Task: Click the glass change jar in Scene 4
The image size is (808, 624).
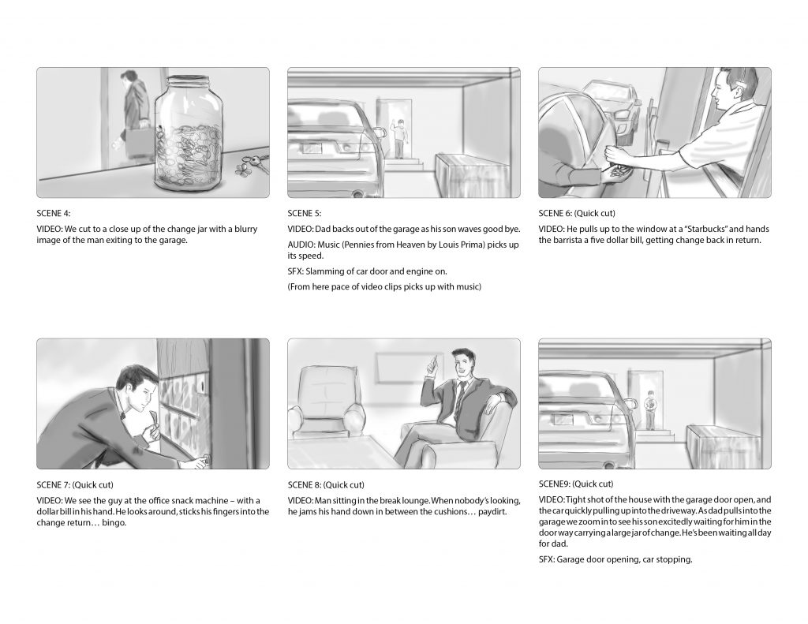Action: pyautogui.click(x=189, y=134)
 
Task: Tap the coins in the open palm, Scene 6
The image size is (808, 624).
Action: pyautogui.click(x=618, y=173)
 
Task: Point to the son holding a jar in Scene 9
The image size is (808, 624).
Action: pyautogui.click(x=650, y=409)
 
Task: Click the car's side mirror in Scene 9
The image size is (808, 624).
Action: pyautogui.click(x=629, y=402)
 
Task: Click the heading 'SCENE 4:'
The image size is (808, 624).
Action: pyautogui.click(x=54, y=213)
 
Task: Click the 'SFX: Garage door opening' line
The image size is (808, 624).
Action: pyautogui.click(x=615, y=559)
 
